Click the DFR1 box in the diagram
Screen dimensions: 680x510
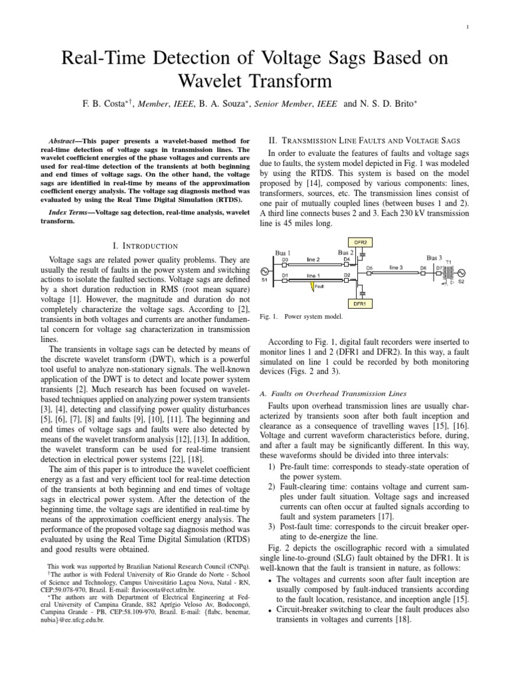(361, 304)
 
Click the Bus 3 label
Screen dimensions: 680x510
(436, 257)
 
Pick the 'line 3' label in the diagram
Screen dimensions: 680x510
(396, 267)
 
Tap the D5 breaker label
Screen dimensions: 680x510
(370, 267)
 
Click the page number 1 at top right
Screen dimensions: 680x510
(468, 27)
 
